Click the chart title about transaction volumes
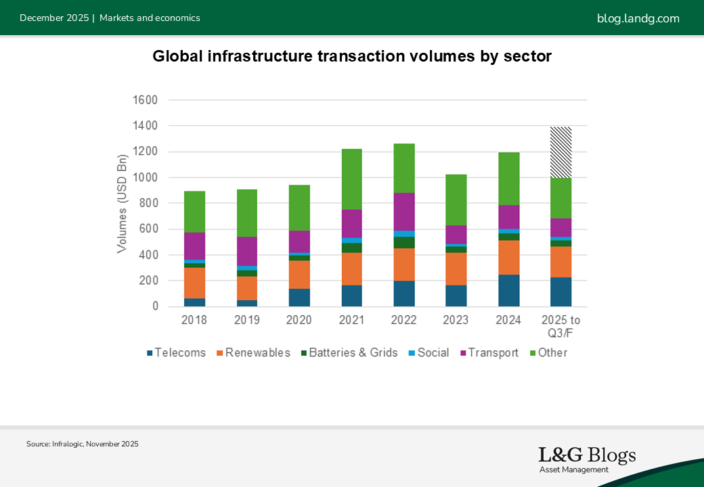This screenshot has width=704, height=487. (352, 57)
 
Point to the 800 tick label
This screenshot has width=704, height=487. (146, 203)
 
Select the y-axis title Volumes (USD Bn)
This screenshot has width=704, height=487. (122, 204)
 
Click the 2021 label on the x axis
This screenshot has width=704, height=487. (351, 319)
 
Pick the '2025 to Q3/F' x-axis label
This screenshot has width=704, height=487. (560, 325)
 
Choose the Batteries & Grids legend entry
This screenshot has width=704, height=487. (349, 352)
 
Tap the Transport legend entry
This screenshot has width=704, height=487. (489, 352)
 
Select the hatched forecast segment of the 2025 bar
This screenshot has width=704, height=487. (560, 152)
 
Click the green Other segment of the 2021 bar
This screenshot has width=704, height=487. (351, 179)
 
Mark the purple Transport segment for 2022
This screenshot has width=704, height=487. (404, 212)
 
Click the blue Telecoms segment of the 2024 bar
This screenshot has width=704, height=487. (508, 290)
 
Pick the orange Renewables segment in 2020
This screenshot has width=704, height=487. (299, 275)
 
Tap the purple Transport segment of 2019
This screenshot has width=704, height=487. (247, 251)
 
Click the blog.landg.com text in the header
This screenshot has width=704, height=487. (638, 18)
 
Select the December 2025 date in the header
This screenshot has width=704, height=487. (54, 18)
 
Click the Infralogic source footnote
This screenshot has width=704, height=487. (83, 444)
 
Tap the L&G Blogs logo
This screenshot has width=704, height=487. (587, 459)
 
